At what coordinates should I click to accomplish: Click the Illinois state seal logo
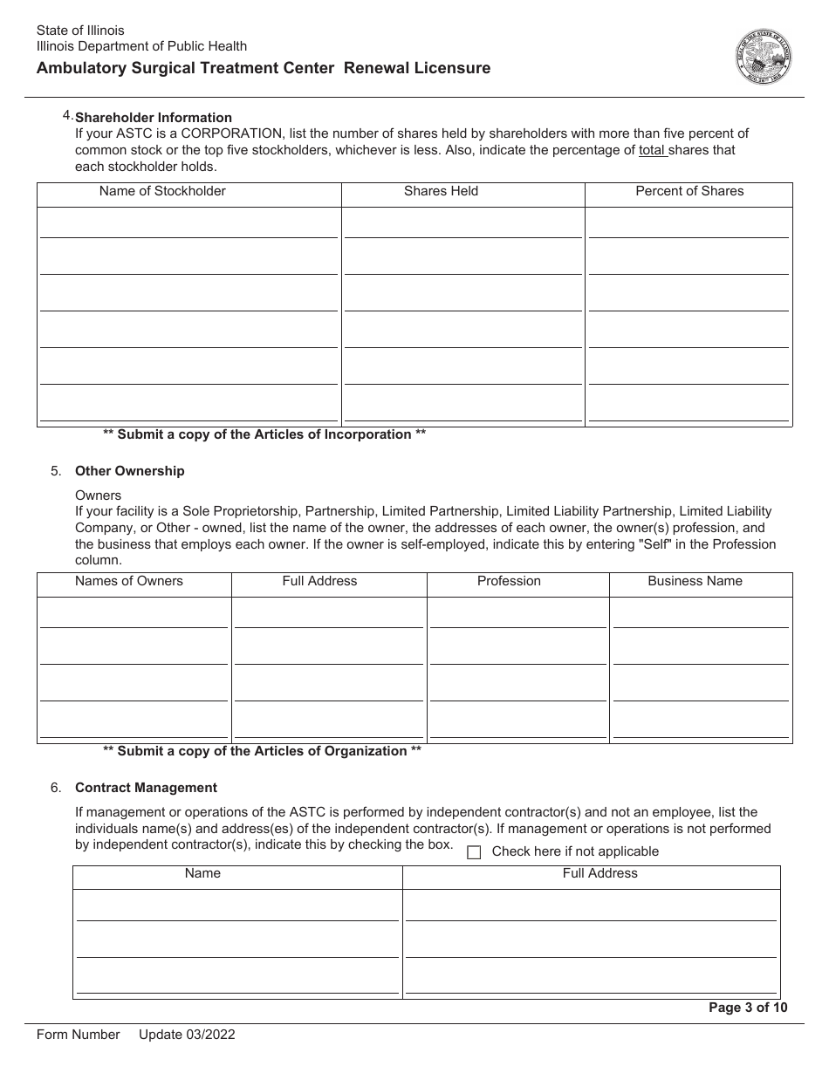pos(764,57)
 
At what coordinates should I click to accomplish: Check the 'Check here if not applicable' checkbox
pos(474,852)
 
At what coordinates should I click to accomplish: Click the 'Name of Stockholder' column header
pos(162,191)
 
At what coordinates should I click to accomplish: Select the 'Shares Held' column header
pos(441,191)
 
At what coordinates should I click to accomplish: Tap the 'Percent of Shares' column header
pos(689,191)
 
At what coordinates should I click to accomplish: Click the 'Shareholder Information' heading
pos(154,118)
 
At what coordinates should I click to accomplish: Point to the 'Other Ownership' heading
pos(130,471)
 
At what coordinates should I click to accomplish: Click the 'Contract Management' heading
pos(146,788)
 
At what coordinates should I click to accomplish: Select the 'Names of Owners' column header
pos(129,581)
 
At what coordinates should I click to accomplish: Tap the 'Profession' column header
pos(509,581)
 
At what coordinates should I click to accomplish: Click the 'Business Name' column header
pos(695,581)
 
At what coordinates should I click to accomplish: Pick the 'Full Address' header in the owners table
pos(319,581)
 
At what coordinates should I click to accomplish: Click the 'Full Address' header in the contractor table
pos(599,873)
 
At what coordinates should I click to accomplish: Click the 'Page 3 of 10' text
pos(748,1008)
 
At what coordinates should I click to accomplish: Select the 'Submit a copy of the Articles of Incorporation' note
pos(264,434)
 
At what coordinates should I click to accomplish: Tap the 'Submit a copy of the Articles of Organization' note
pos(262,751)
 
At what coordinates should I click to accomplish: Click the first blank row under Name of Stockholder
pos(188,224)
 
